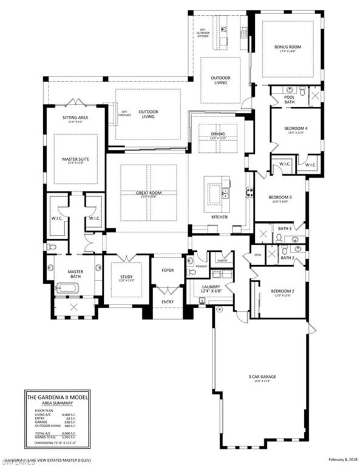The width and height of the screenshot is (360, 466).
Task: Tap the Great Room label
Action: (148, 194)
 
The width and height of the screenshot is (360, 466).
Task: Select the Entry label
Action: (167, 302)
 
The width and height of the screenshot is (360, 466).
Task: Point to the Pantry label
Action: (221, 260)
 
